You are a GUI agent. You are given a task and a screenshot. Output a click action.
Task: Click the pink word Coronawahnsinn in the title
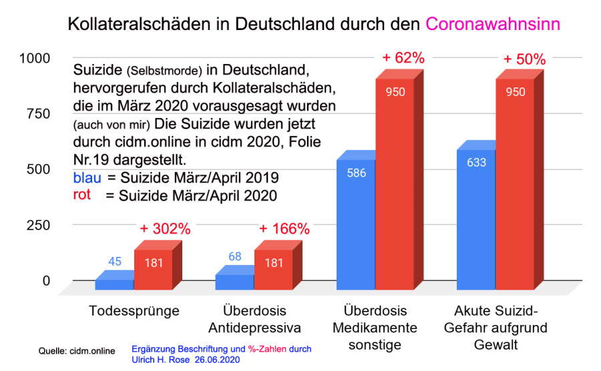point(493,25)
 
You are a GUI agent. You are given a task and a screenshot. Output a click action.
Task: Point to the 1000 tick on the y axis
point(34,58)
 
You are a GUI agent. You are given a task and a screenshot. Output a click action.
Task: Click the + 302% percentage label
point(165,229)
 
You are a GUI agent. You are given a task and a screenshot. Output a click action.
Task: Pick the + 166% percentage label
point(284,229)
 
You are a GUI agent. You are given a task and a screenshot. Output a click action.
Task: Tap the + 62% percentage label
point(403,58)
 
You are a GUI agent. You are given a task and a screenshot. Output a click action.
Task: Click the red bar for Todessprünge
point(154,270)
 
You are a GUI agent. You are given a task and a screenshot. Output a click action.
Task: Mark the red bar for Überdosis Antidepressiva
point(274,270)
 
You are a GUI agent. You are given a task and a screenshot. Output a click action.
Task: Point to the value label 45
point(114,262)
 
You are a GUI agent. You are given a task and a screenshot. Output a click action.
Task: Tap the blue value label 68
point(234,257)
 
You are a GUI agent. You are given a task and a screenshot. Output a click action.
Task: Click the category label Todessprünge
point(134,312)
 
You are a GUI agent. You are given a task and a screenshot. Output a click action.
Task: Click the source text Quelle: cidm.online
point(77,351)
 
